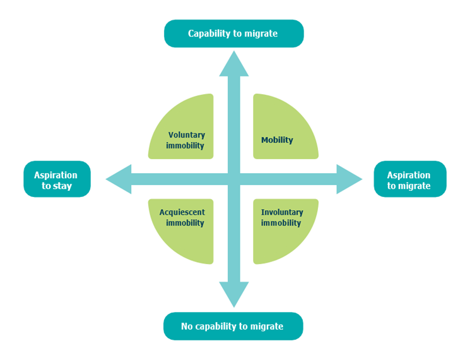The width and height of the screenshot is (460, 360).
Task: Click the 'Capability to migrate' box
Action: pos(233,33)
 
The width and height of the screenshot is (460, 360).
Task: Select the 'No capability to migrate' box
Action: pos(233,327)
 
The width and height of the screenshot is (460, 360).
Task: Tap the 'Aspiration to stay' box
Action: pos(57,180)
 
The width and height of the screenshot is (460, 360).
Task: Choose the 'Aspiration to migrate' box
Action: pos(410,180)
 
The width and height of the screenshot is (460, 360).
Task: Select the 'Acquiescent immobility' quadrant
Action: pos(183,231)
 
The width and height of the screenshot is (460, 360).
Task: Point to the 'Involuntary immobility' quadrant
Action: pos(284,231)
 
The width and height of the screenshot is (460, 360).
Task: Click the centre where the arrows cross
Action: pos(234,179)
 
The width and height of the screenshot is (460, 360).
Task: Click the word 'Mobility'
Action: pos(277,140)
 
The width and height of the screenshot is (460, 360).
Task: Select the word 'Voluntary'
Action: pos(187,135)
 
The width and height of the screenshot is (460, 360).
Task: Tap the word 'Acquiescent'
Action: pos(182,212)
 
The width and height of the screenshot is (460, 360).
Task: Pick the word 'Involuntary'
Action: pos(282,212)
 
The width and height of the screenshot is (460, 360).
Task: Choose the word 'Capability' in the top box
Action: pos(209,33)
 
